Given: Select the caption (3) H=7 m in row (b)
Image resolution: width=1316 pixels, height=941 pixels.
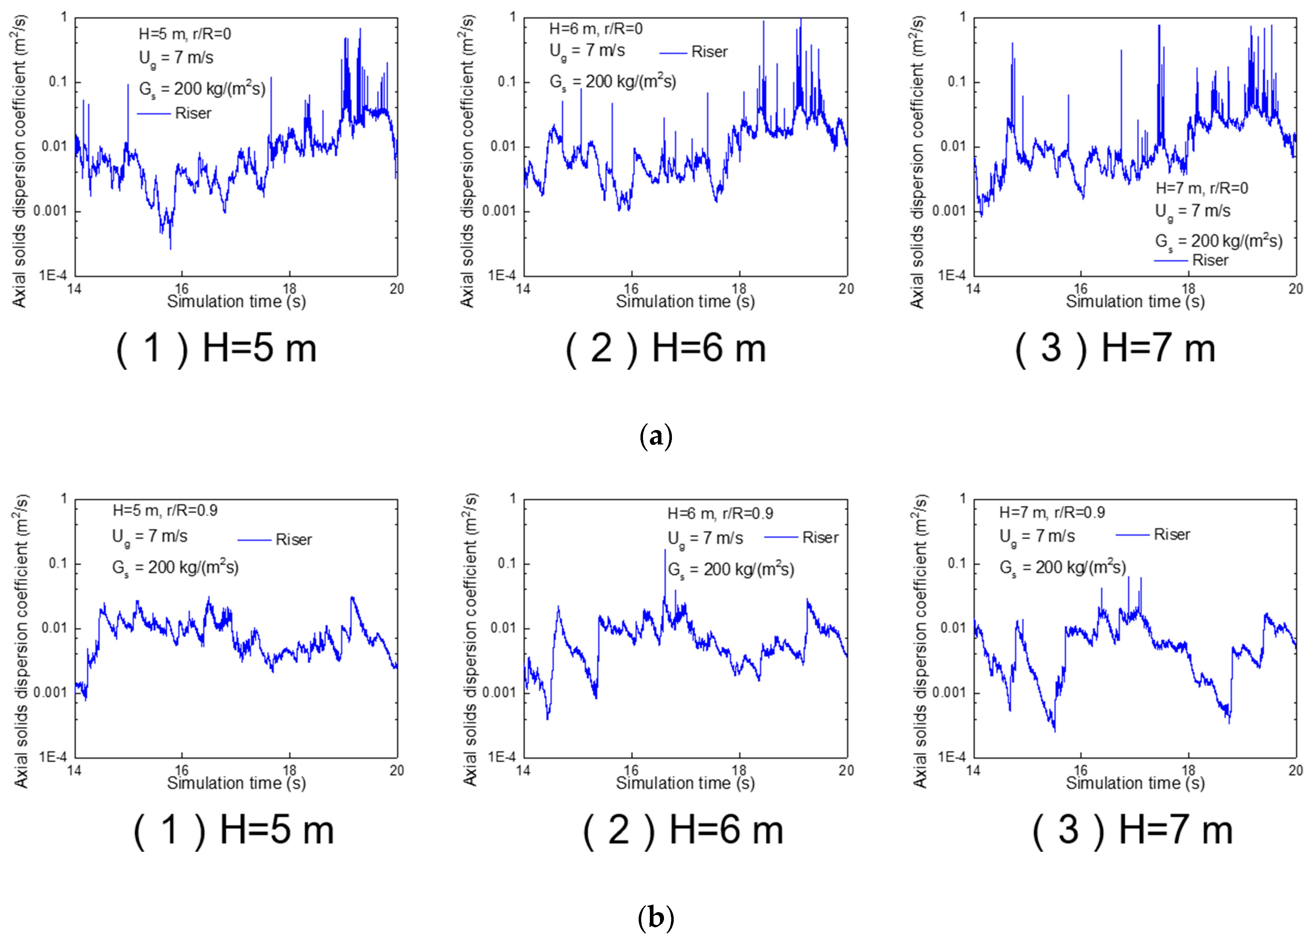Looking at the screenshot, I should coord(1132,830).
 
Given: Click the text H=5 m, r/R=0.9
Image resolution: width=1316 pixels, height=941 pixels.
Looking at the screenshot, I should coord(165,511).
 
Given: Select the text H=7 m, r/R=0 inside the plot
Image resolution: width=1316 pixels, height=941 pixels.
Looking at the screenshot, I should coord(1202,188).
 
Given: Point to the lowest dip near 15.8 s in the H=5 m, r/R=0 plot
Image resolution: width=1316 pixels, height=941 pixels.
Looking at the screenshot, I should coord(170,248).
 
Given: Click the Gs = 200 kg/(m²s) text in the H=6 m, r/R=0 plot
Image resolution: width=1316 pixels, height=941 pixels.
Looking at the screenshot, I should coord(613,82).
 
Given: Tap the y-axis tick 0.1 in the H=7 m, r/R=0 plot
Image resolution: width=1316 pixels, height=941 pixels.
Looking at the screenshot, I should coord(956,82).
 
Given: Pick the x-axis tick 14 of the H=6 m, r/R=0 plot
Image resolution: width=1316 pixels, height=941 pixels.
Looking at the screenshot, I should coord(523,289).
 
